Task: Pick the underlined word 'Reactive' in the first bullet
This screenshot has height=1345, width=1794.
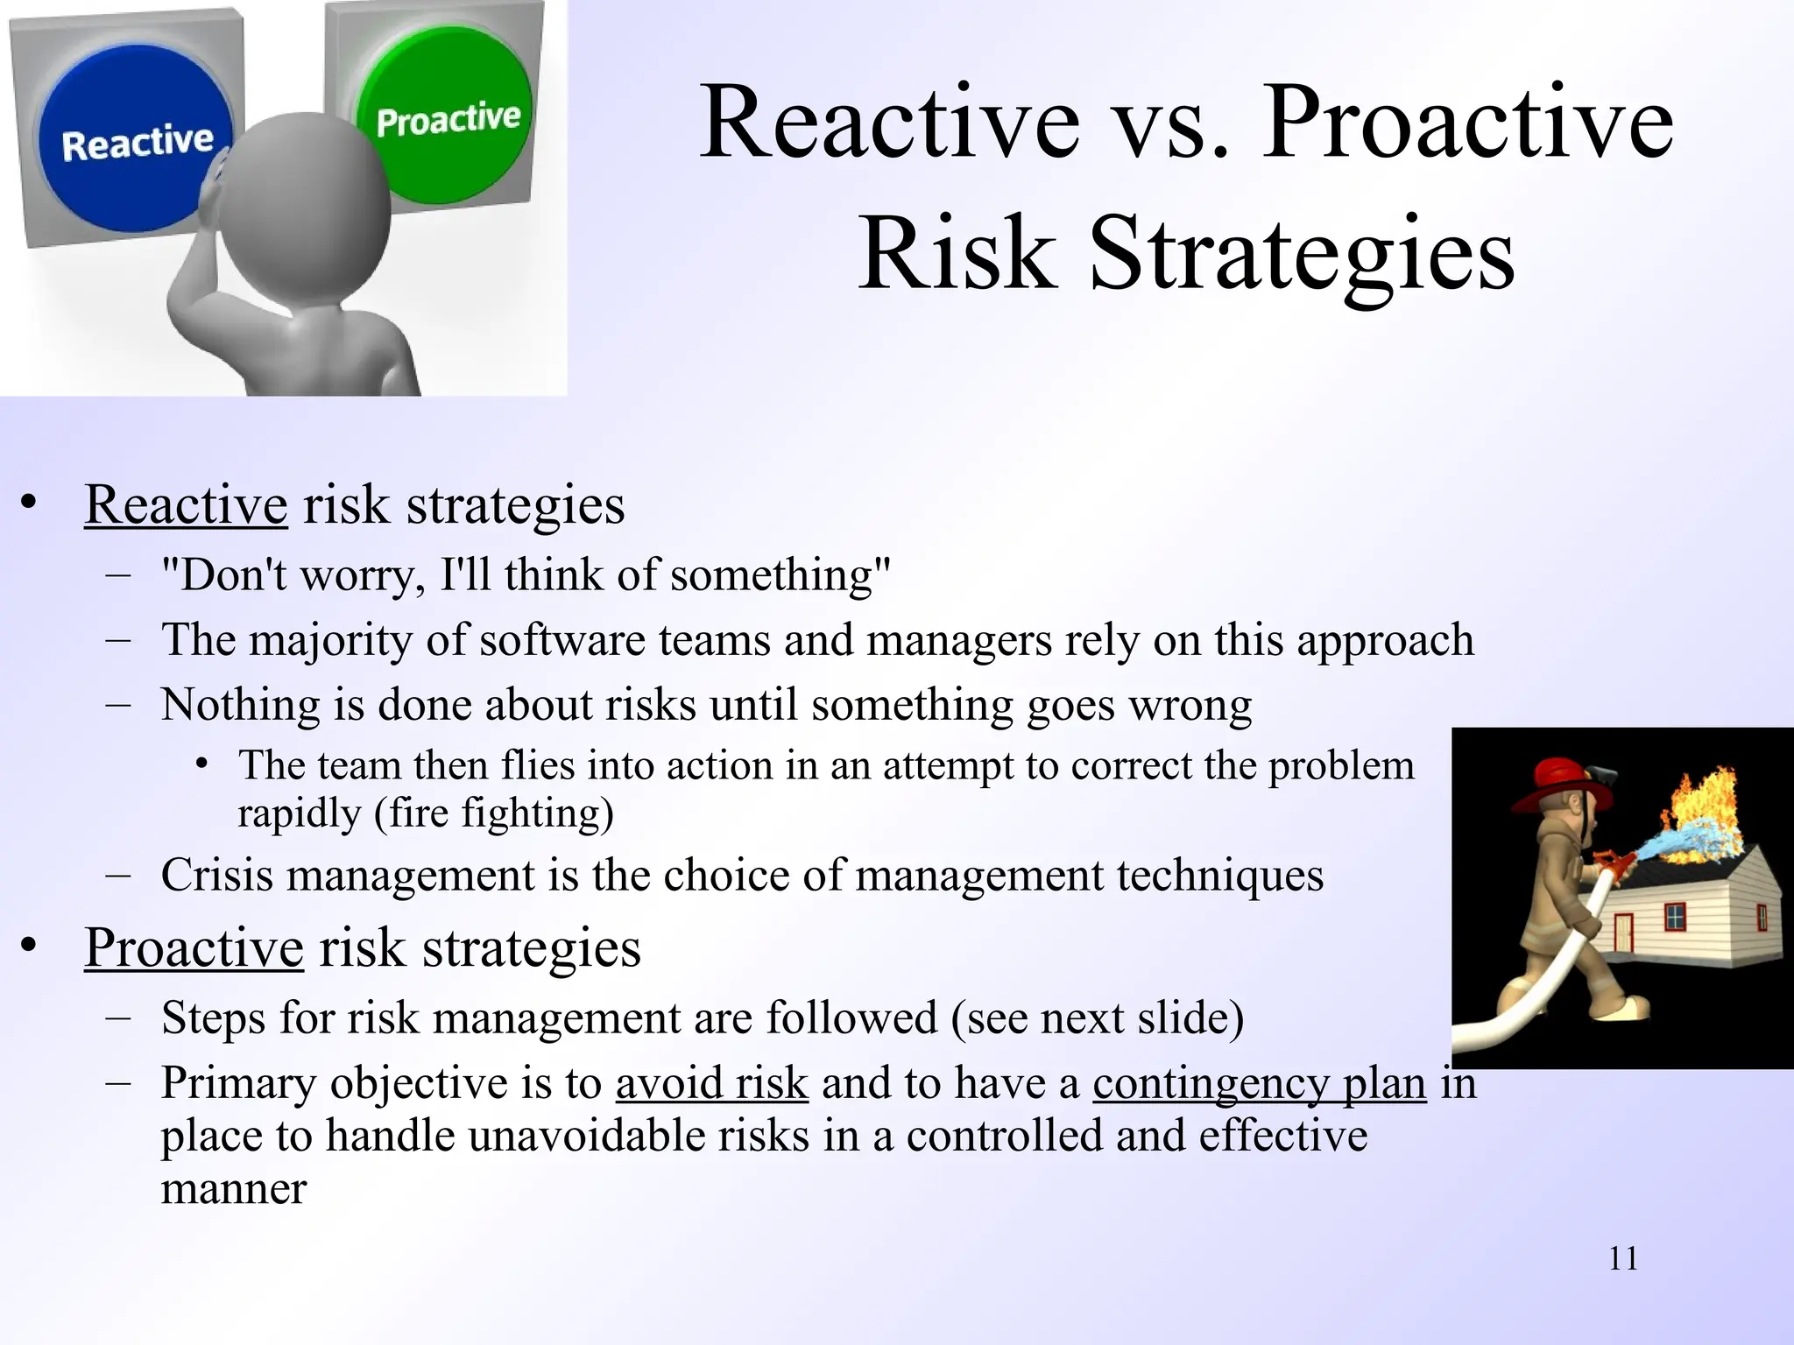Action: coord(186,505)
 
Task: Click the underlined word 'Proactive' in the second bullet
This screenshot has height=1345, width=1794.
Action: coord(194,948)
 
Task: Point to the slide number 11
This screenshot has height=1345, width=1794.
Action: coord(1623,1259)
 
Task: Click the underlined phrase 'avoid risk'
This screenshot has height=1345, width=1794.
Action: coord(711,1084)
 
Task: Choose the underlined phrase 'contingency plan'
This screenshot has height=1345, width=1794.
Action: coord(1259,1084)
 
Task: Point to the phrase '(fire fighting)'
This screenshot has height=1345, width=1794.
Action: coord(493,813)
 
